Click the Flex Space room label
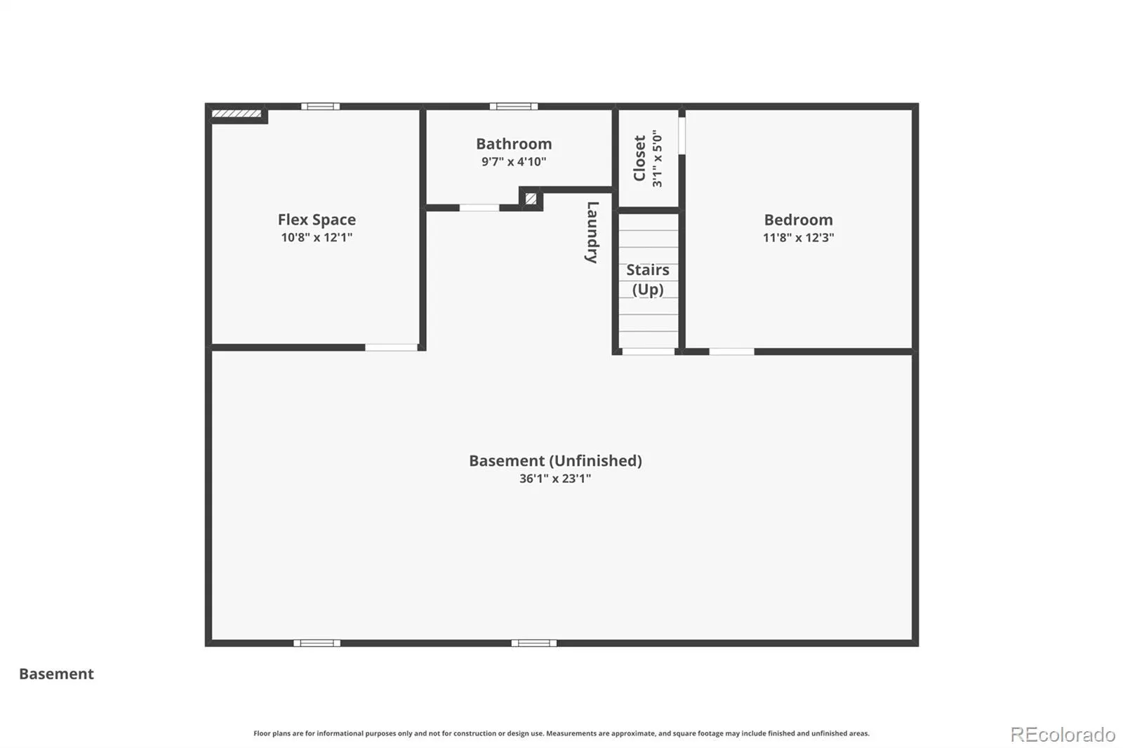pyautogui.click(x=317, y=220)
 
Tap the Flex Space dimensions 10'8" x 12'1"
pyautogui.click(x=317, y=237)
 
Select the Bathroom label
pyautogui.click(x=514, y=144)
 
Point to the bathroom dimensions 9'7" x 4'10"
pyautogui.click(x=514, y=161)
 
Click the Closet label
pyautogui.click(x=639, y=158)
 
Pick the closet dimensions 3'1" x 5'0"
pyautogui.click(x=657, y=158)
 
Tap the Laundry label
pyautogui.click(x=592, y=232)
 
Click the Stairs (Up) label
pyautogui.click(x=648, y=279)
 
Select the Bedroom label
pyautogui.click(x=798, y=220)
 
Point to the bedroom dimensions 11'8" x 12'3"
pyautogui.click(x=798, y=237)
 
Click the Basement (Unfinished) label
pyautogui.click(x=555, y=461)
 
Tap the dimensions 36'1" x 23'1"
pyautogui.click(x=555, y=479)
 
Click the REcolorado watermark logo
pyautogui.click(x=1063, y=735)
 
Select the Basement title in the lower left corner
pyautogui.click(x=56, y=674)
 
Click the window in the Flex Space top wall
pyautogui.click(x=320, y=106)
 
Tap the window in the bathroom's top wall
pyautogui.click(x=514, y=106)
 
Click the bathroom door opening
pyautogui.click(x=479, y=208)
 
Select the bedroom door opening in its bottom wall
pyautogui.click(x=731, y=352)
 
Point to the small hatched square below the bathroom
pyautogui.click(x=531, y=199)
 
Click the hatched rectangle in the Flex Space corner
pyautogui.click(x=237, y=114)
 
